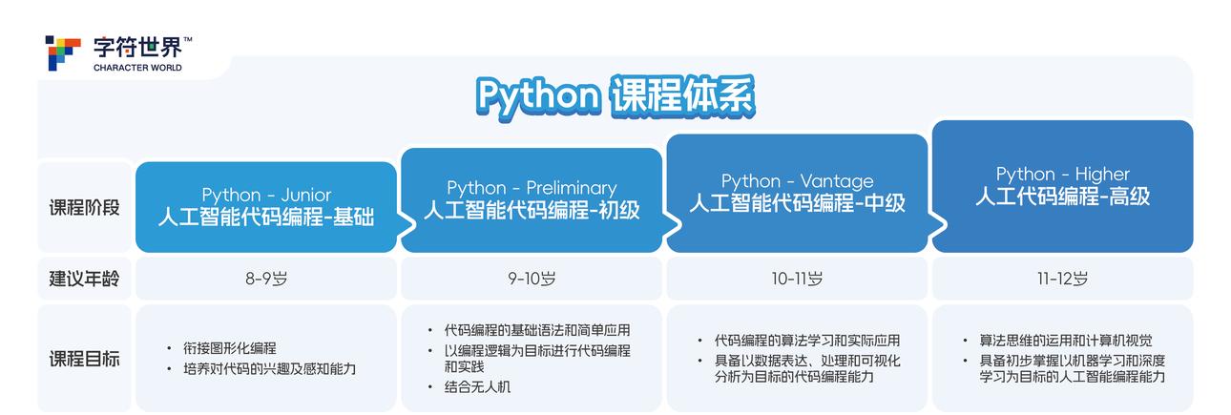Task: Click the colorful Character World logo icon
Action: click(x=63, y=52)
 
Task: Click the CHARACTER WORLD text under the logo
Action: click(x=137, y=69)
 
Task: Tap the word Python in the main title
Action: click(x=537, y=95)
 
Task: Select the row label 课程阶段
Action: click(x=85, y=207)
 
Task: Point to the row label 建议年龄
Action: click(x=85, y=279)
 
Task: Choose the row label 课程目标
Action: click(x=85, y=360)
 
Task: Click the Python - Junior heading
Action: click(x=266, y=195)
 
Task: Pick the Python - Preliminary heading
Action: click(x=532, y=188)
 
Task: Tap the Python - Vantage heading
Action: click(x=797, y=180)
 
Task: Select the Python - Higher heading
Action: click(x=1062, y=174)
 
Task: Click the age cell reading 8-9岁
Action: click(x=266, y=279)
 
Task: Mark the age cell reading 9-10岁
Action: click(x=532, y=279)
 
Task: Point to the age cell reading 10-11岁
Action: click(x=797, y=279)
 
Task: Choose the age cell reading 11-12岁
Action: click(x=1062, y=279)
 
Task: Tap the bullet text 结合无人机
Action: click(x=477, y=387)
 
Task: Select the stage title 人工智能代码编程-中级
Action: click(x=797, y=203)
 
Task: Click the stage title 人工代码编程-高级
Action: click(x=1062, y=197)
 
